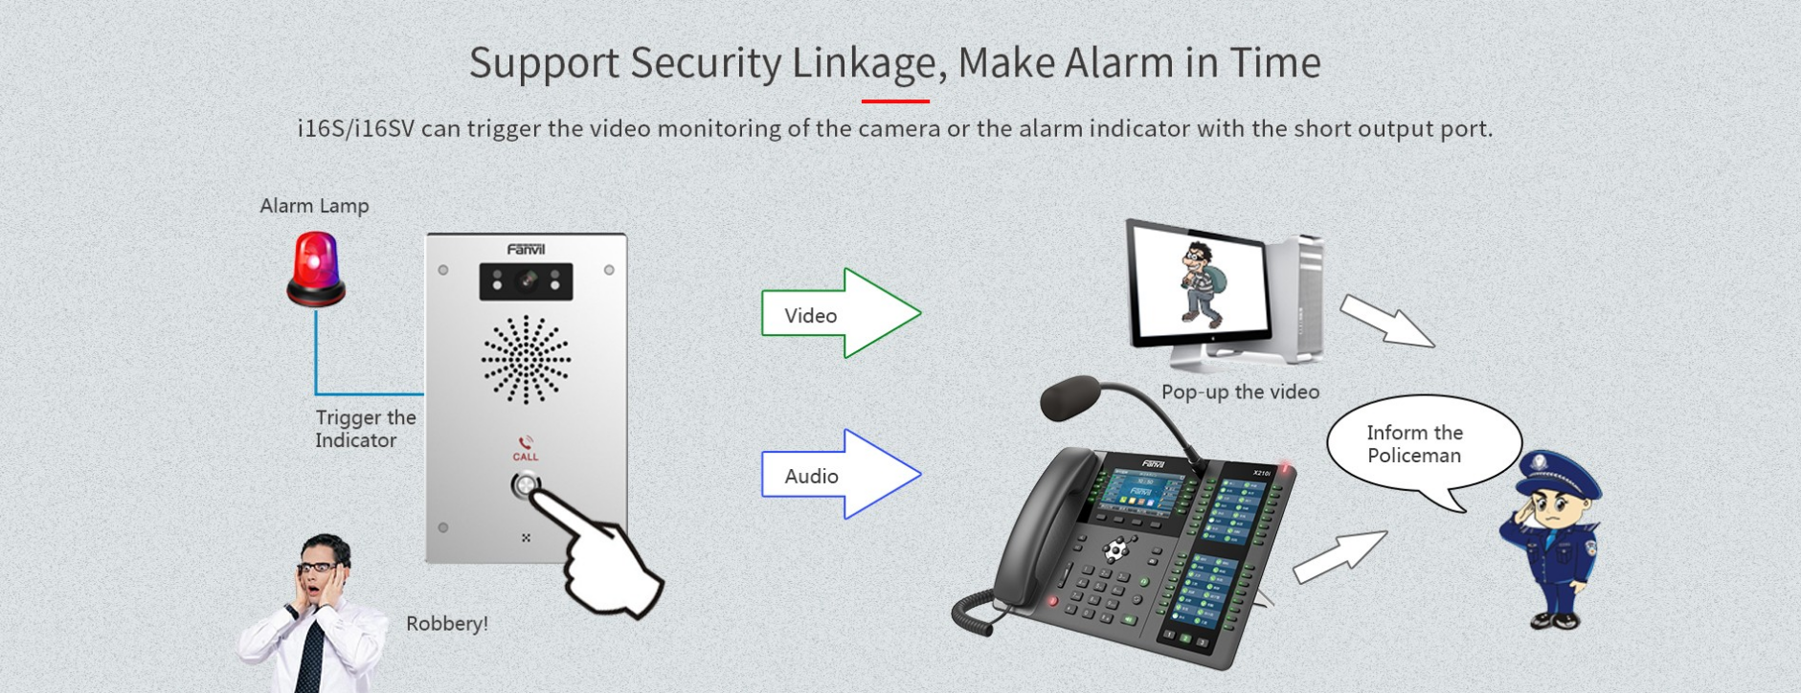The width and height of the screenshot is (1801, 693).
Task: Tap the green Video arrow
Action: click(x=841, y=313)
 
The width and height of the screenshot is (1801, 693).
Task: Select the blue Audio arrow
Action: click(x=841, y=475)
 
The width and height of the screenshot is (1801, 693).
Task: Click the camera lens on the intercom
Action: click(x=527, y=280)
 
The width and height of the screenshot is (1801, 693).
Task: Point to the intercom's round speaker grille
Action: click(x=526, y=359)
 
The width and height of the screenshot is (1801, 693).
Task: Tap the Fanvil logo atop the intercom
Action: click(x=526, y=250)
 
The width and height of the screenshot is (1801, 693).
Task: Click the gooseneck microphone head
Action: click(x=1070, y=398)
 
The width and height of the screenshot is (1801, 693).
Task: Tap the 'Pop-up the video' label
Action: click(x=1240, y=392)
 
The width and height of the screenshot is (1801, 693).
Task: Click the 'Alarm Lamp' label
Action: click(x=314, y=206)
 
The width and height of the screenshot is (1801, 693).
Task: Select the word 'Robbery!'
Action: click(x=447, y=624)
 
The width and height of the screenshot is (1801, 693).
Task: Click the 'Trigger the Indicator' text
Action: click(x=366, y=429)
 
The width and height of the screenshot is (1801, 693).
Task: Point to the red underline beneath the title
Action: click(x=895, y=101)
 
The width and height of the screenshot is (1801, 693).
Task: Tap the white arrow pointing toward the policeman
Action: click(x=1339, y=557)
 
